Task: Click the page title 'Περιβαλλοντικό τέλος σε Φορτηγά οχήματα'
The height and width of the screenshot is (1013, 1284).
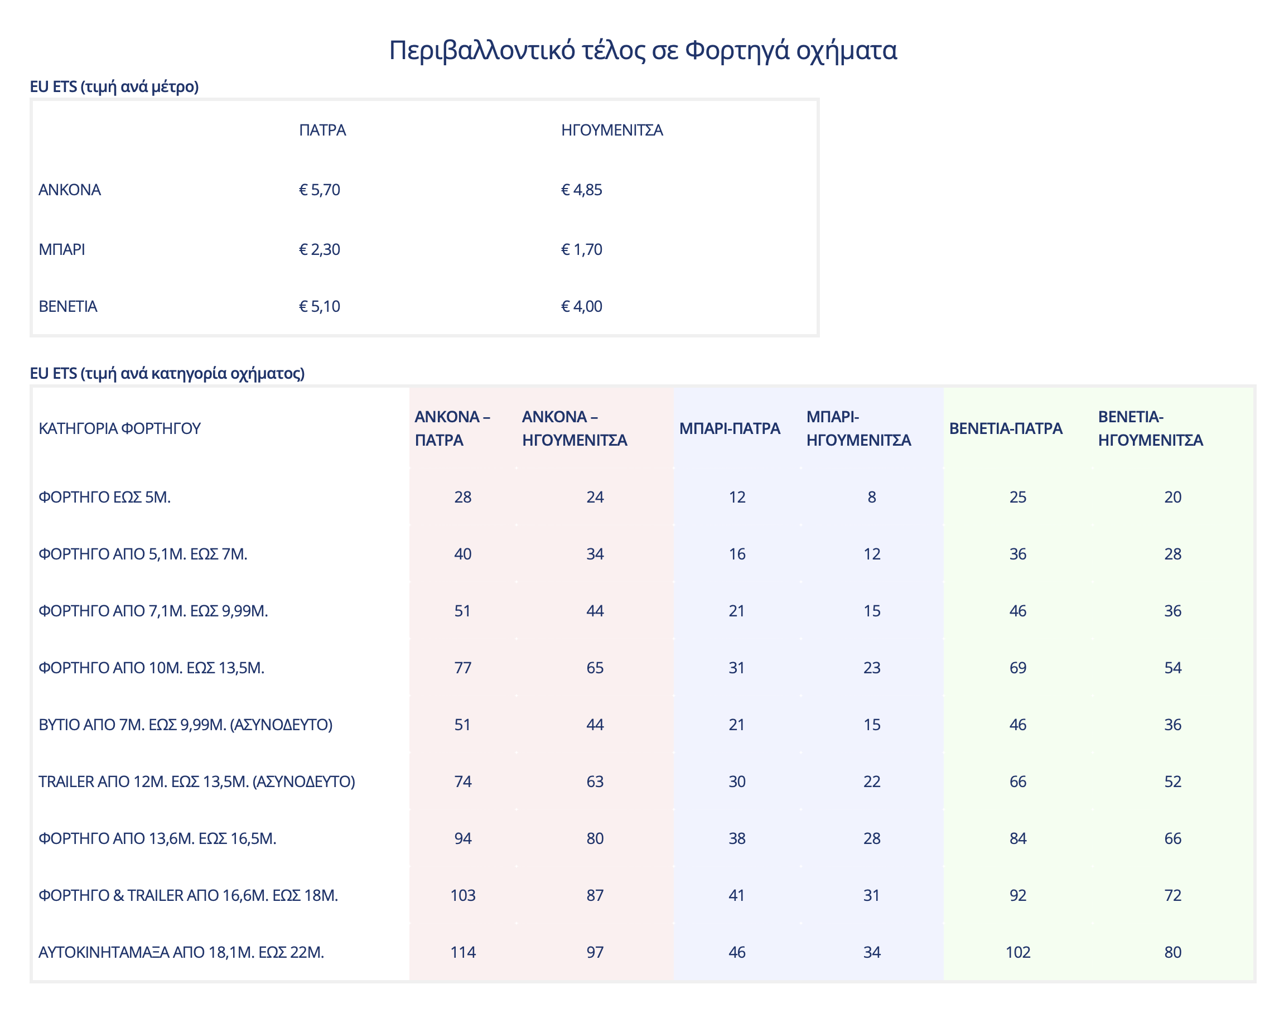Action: coord(643,50)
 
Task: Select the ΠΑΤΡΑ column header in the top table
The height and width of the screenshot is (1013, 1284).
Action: coord(322,130)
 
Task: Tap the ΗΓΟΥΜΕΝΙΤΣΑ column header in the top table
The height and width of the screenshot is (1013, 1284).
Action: coord(611,130)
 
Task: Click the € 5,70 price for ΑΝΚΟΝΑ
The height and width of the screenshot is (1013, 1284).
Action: coord(319,190)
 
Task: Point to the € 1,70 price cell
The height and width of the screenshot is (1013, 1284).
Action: coord(581,249)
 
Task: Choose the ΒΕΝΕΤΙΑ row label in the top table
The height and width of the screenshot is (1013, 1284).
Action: coord(67,306)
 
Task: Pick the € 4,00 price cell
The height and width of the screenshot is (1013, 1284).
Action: coord(581,306)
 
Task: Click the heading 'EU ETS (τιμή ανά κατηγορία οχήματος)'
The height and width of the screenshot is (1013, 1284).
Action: coord(167,373)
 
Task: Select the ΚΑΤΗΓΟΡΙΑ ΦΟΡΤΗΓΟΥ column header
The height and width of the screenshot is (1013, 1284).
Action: coord(119,428)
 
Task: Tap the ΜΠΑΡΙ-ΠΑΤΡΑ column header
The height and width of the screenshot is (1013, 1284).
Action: coord(729,428)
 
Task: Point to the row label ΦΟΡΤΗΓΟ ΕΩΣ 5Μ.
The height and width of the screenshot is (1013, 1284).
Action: coord(104,497)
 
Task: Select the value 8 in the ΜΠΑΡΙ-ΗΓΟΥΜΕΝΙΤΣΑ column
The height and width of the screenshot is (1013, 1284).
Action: coord(871,497)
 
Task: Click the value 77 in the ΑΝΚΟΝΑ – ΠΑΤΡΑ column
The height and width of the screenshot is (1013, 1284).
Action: coord(462,668)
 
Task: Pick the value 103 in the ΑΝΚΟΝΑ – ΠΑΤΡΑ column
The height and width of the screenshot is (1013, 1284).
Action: coord(462,895)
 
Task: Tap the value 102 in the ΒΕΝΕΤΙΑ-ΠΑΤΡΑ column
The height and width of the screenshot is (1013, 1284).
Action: coord(1018,952)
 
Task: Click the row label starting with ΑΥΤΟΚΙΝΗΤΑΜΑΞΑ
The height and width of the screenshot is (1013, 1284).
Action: coord(181,952)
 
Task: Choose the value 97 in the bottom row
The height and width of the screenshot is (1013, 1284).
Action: coord(595,952)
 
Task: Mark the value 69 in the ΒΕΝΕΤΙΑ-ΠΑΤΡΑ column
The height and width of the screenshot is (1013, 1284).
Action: coord(1018,668)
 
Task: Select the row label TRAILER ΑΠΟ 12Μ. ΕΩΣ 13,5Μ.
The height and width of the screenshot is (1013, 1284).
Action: coord(196,782)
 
